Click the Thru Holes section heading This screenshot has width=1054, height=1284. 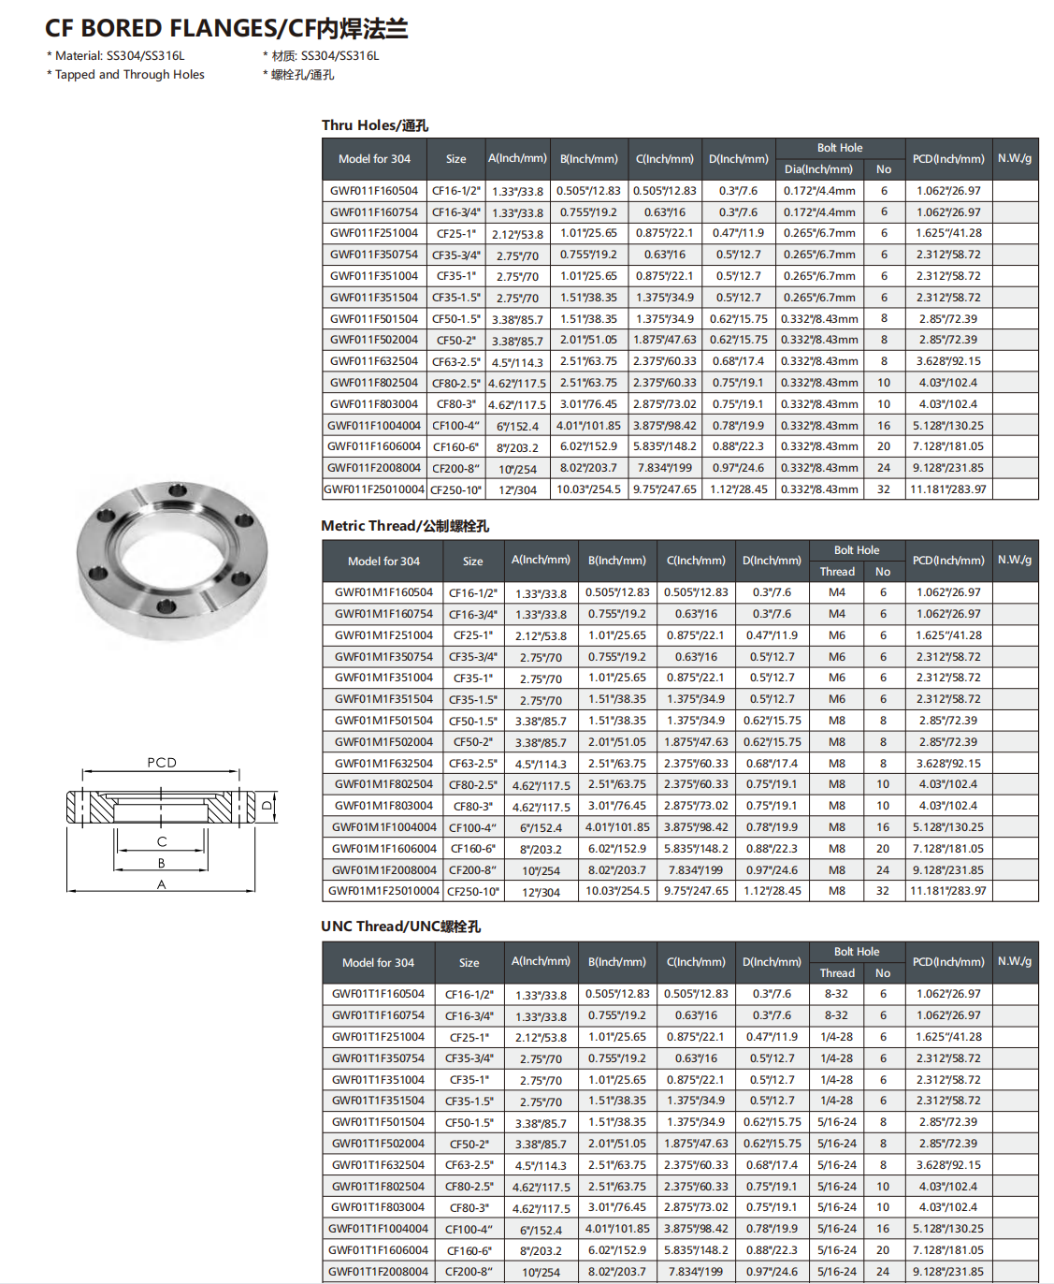374,125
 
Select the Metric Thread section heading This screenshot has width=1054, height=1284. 404,526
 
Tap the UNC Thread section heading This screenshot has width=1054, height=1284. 400,927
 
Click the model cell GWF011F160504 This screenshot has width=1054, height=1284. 374,191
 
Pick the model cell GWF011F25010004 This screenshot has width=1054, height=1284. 374,489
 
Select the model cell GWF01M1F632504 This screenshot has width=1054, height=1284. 383,764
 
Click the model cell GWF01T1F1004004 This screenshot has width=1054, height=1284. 378,1229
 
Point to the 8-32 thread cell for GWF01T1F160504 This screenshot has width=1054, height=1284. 836,994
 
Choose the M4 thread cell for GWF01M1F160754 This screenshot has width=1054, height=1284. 837,614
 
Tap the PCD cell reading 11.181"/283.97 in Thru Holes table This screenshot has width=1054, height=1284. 948,489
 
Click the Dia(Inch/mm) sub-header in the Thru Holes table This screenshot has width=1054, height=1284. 818,169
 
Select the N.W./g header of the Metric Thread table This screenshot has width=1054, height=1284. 1015,560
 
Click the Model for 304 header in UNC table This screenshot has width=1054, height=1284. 378,963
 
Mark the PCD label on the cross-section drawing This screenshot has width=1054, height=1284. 162,763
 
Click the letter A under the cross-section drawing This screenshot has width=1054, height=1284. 161,884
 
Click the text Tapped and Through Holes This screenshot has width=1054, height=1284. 129,75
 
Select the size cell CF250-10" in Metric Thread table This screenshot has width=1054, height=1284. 473,892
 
